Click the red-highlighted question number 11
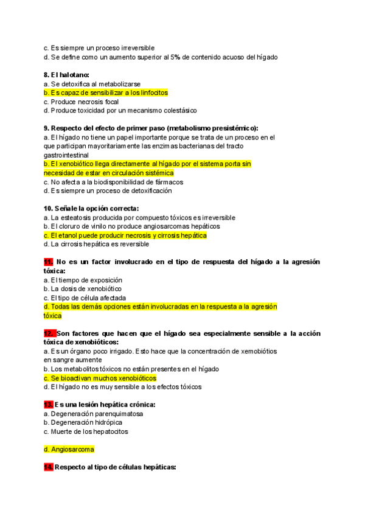coord(49,262)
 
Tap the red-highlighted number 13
coord(49,405)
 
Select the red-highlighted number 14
coord(49,467)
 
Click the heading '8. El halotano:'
coord(66,75)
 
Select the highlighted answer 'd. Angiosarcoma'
coord(69,450)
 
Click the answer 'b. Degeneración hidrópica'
coord(83,422)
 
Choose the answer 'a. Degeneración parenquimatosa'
coord(94,414)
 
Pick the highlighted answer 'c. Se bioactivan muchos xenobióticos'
coord(100,378)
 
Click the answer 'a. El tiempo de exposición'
coord(83,280)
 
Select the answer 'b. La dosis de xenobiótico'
coord(82,288)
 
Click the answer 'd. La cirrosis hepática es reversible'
coord(96,244)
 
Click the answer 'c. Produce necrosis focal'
coord(81,102)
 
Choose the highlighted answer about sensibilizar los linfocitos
coord(106,92)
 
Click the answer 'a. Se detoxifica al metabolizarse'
coord(92,83)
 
